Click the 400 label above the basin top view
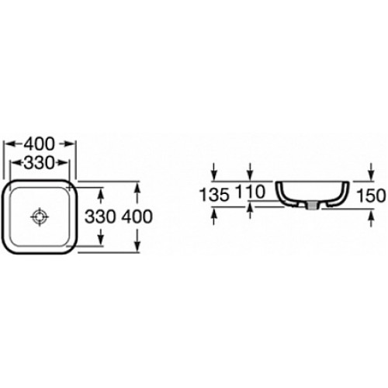point(40,144)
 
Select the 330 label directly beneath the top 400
point(39,163)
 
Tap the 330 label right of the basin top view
point(100,217)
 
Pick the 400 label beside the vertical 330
point(137,217)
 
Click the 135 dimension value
point(215,195)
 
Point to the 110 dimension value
point(250,192)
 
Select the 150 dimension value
point(371,196)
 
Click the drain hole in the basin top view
point(40,217)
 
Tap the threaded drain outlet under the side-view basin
point(314,206)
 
